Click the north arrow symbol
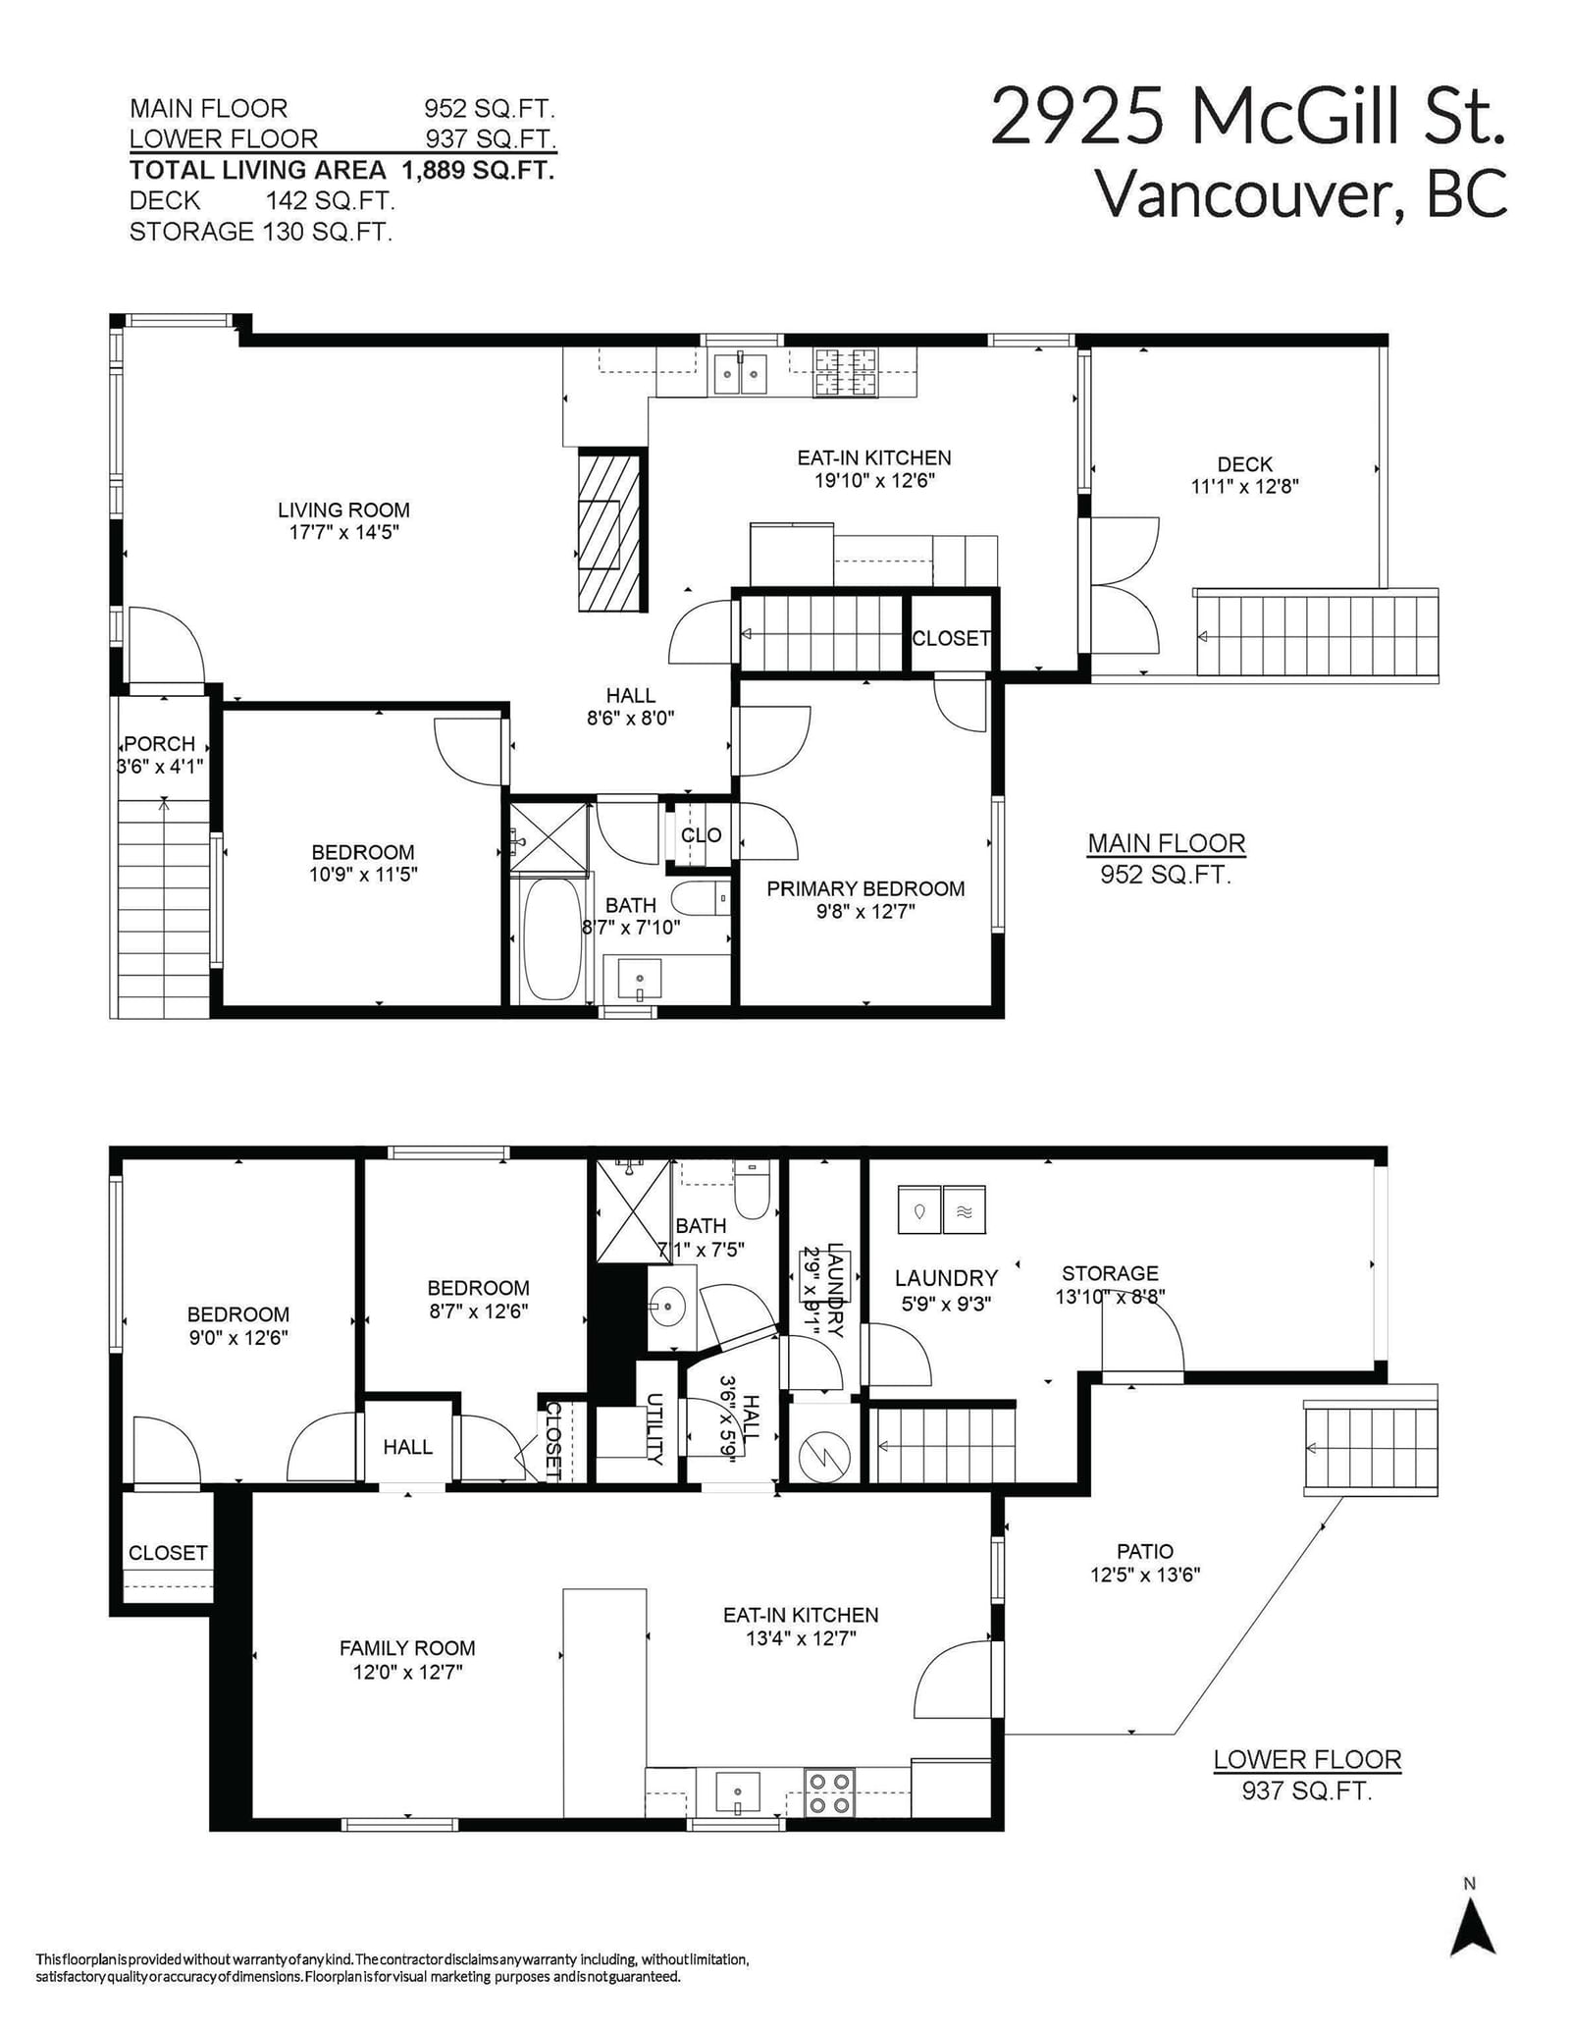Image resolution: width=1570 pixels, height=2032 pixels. point(1473,1927)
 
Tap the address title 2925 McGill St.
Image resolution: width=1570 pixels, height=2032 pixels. point(1247,117)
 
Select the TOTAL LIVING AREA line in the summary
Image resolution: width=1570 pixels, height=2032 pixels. point(342,170)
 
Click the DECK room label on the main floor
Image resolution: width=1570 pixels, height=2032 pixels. point(1244,464)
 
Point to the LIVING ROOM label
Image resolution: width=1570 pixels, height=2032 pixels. point(343,509)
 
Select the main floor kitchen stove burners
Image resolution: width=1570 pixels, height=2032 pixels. point(845,372)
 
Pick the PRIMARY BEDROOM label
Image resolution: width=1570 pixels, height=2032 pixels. point(865,888)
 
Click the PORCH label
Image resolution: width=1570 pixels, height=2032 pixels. point(159,744)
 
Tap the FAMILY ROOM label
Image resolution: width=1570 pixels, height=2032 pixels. point(407,1648)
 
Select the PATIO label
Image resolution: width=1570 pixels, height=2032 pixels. point(1144,1551)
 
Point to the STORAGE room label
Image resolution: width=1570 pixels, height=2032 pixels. point(1110,1273)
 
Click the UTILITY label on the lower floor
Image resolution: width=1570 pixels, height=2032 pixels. point(654,1429)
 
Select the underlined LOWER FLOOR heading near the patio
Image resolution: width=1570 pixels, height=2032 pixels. point(1307,1759)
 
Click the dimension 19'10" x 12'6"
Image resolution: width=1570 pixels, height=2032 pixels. point(874,481)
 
